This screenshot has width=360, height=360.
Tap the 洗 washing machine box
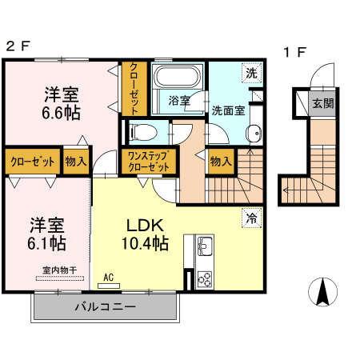[x=251, y=73]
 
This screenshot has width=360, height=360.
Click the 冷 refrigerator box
[x=251, y=216]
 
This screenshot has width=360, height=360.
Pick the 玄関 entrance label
[x=323, y=102]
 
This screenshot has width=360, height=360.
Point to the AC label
[x=108, y=278]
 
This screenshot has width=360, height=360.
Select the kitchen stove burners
[x=203, y=279]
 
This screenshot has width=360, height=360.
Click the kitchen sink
[x=203, y=246]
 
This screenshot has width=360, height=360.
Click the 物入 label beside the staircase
[x=221, y=161]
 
